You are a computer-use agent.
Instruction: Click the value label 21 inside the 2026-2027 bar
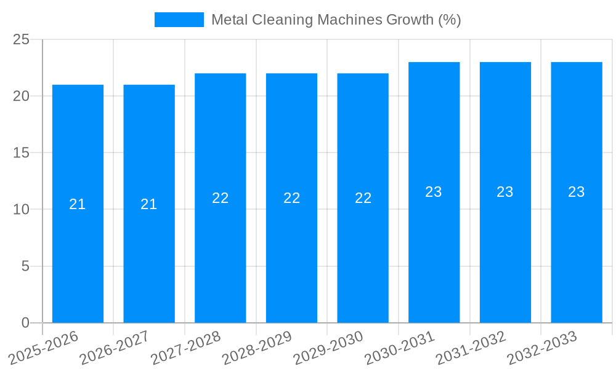pyautogui.click(x=149, y=204)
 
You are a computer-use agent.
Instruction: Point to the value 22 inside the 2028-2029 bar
pyautogui.click(x=291, y=198)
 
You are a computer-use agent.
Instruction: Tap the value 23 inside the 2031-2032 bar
pyautogui.click(x=505, y=192)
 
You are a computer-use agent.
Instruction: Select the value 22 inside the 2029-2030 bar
pyautogui.click(x=363, y=198)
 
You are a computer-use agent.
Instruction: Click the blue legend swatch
pyautogui.click(x=179, y=20)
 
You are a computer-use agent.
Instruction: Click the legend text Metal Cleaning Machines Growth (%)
pyautogui.click(x=336, y=20)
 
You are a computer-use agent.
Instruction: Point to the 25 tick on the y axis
pyautogui.click(x=22, y=39)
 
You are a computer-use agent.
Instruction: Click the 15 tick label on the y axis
pyautogui.click(x=22, y=153)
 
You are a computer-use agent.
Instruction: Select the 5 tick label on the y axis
pyautogui.click(x=25, y=266)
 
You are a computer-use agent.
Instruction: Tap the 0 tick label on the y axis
pyautogui.click(x=25, y=323)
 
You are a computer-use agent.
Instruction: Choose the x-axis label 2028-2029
pyautogui.click(x=257, y=348)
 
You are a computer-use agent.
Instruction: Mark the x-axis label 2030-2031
pyautogui.click(x=400, y=348)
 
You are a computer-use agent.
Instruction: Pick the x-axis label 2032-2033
pyautogui.click(x=543, y=348)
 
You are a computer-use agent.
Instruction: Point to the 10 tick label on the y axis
pyautogui.click(x=22, y=210)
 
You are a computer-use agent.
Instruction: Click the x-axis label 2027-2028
pyautogui.click(x=187, y=348)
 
